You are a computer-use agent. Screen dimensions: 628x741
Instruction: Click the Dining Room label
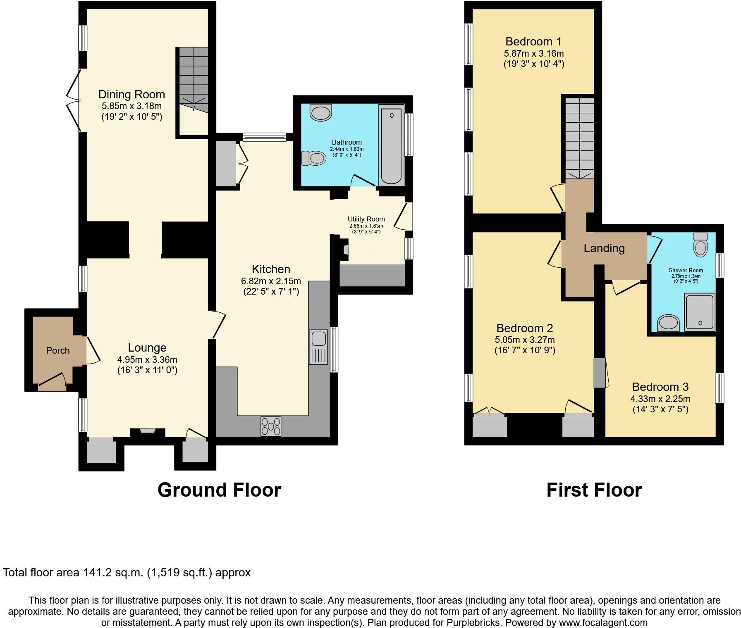131,95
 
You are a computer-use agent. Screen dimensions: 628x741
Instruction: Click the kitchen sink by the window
319,347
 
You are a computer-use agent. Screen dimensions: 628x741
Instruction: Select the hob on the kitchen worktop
271,426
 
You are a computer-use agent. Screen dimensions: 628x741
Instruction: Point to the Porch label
58,350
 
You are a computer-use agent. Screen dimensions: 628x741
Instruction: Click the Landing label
604,248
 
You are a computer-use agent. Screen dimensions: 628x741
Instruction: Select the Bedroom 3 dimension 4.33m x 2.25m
660,399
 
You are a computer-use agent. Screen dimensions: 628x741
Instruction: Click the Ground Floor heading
219,490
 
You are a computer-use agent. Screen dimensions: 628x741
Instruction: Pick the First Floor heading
594,490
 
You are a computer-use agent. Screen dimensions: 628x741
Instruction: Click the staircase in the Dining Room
193,78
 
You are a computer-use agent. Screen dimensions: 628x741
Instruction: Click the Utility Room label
366,219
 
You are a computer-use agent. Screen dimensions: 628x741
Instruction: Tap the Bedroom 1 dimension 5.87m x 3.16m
533,53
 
